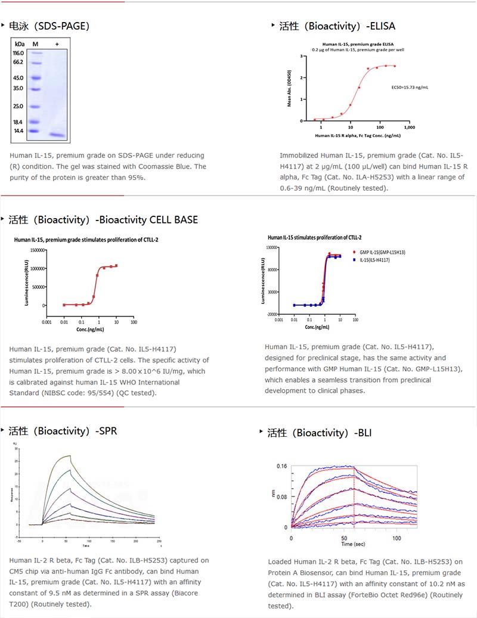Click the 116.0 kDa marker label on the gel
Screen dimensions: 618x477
pyautogui.click(x=18, y=53)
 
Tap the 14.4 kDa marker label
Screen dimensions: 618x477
pyautogui.click(x=18, y=131)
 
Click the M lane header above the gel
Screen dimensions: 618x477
pyautogui.click(x=35, y=44)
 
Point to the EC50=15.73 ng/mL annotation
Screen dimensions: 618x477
pyautogui.click(x=410, y=87)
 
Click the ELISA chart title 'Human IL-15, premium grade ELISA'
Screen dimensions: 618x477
pyautogui.click(x=350, y=44)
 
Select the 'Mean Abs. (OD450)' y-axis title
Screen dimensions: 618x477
pyautogui.click(x=290, y=89)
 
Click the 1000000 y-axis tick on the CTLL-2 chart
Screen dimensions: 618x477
pyautogui.click(x=33, y=268)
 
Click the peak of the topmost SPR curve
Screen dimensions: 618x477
pyautogui.click(x=70, y=456)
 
